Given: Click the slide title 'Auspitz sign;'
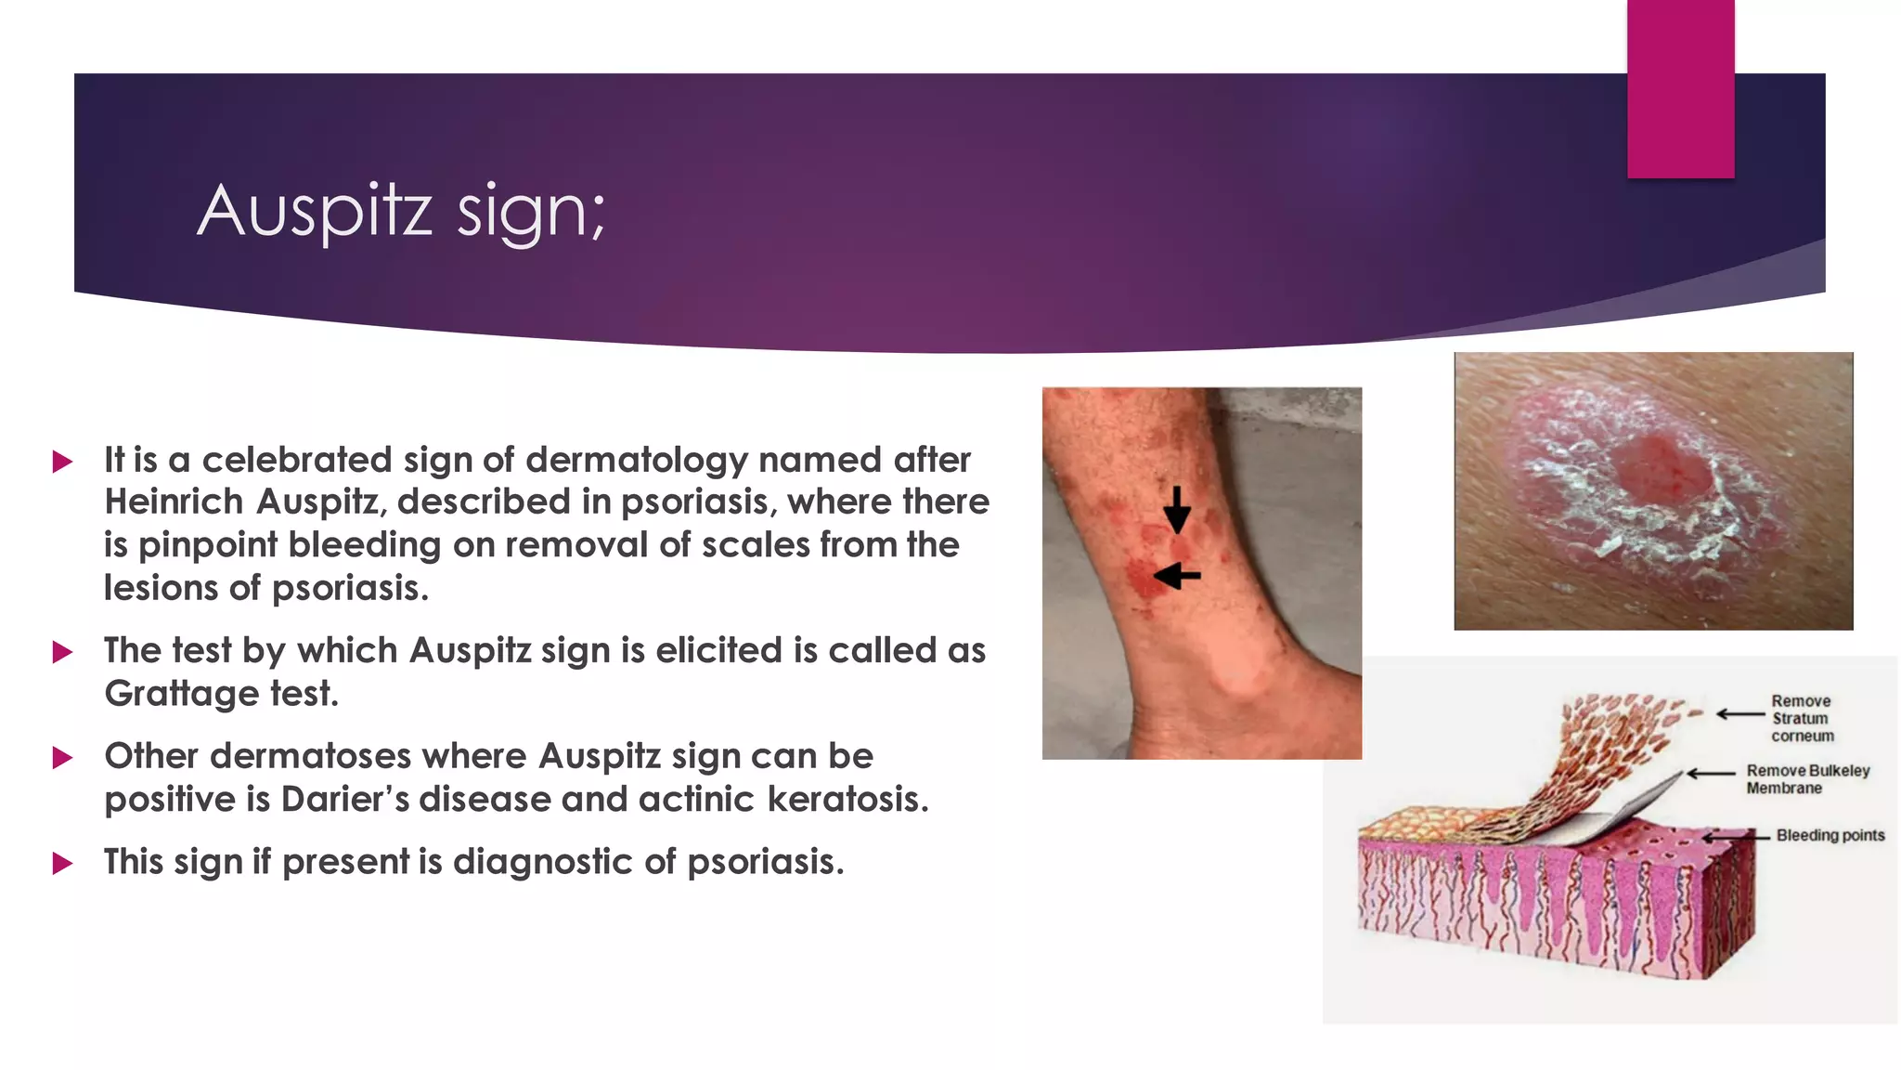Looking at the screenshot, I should click(401, 212).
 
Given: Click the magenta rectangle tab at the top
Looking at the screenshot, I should click(1680, 88).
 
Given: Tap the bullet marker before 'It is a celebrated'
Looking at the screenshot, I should click(63, 462).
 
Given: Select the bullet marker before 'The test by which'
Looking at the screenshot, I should click(63, 652).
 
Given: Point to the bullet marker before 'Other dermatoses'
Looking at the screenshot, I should click(63, 758).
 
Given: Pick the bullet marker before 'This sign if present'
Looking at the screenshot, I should click(63, 864).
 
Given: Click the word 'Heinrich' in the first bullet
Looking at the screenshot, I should click(174, 502).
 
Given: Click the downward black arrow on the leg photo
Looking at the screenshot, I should click(1177, 510).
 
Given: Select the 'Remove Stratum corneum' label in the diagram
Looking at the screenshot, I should click(1802, 718).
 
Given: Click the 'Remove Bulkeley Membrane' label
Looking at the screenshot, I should click(1807, 779).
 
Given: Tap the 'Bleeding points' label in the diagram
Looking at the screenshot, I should click(1830, 835).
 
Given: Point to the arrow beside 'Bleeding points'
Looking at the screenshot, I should click(1736, 837).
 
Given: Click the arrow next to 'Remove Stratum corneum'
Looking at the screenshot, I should click(1740, 714).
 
